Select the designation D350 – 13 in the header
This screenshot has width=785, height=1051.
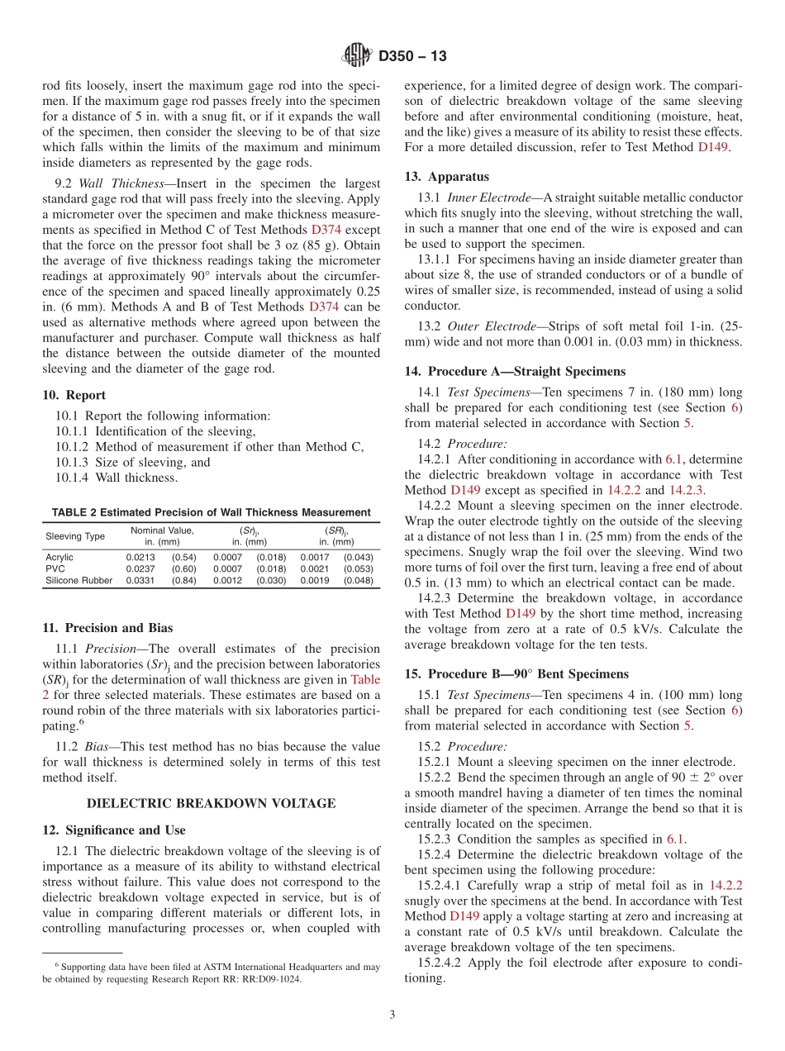412,56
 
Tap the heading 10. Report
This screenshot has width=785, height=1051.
74,395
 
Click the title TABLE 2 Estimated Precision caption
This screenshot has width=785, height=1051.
211,512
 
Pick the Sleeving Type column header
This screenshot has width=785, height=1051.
75,536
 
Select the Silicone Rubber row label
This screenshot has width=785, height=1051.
78,581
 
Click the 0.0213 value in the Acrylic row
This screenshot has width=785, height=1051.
140,558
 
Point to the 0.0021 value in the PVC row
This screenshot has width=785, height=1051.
314,569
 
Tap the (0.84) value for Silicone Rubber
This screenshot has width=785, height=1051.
183,581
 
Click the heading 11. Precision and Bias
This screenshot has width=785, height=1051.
107,628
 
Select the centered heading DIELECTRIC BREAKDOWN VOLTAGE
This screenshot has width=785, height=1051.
212,803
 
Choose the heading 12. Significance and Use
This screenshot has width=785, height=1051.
114,830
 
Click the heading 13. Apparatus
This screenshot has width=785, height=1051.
446,177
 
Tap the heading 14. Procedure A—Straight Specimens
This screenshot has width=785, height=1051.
515,372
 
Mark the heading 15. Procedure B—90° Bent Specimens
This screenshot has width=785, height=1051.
516,674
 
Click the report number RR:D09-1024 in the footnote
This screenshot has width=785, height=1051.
270,979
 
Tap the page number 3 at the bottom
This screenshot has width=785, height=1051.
392,1015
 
